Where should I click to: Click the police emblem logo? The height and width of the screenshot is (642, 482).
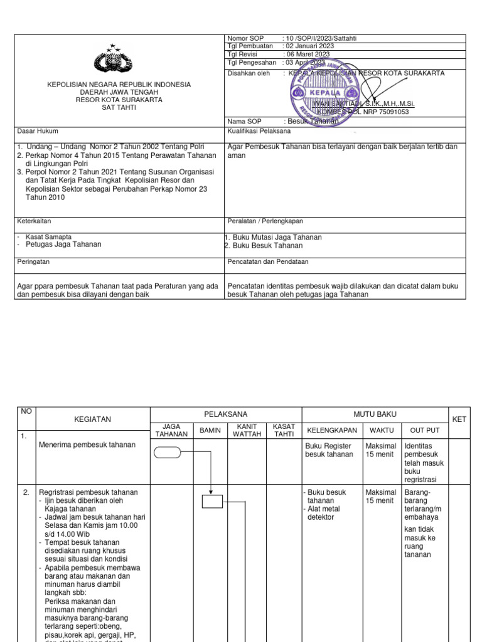pyautogui.click(x=114, y=60)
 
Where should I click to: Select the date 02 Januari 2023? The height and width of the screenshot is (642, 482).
pyautogui.click(x=310, y=46)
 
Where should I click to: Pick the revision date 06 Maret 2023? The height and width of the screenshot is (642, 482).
pyautogui.click(x=308, y=55)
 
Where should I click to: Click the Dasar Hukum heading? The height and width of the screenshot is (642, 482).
pyautogui.click(x=38, y=132)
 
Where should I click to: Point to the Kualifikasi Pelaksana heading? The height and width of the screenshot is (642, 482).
pyautogui.click(x=259, y=132)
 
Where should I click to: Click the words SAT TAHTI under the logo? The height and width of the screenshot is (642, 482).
pyautogui.click(x=119, y=107)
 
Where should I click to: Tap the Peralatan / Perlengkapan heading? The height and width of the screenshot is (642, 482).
pyautogui.click(x=265, y=221)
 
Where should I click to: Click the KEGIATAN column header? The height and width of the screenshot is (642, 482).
pyautogui.click(x=92, y=419)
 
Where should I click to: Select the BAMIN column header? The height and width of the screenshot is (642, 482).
pyautogui.click(x=210, y=431)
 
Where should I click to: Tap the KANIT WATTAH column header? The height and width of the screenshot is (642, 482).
pyautogui.click(x=247, y=431)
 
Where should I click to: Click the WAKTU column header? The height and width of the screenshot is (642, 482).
pyautogui.click(x=382, y=431)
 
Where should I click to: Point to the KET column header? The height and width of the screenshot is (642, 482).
pyautogui.click(x=459, y=419)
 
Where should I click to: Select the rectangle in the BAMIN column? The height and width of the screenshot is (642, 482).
pyautogui.click(x=212, y=501)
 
